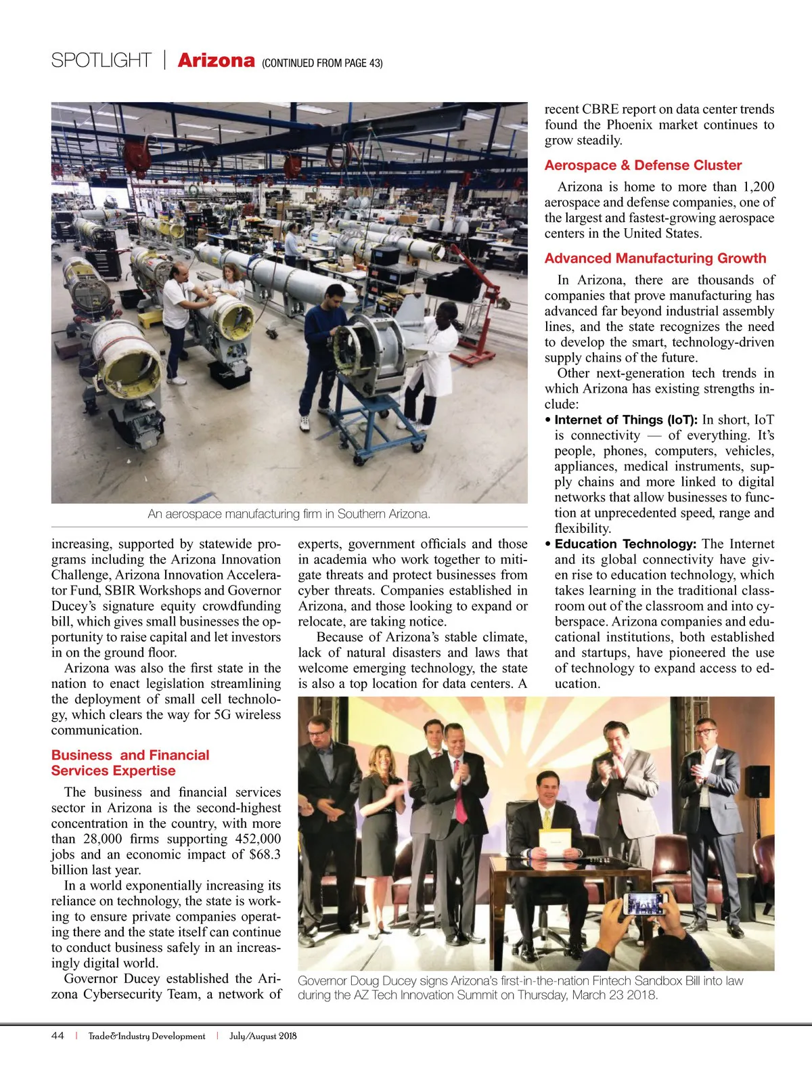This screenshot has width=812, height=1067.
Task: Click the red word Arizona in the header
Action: pos(216,61)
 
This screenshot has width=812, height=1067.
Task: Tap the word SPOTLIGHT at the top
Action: pos(101,61)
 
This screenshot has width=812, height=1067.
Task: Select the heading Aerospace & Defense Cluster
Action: pos(643,165)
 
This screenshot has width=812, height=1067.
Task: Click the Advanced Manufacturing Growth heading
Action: pos(655,258)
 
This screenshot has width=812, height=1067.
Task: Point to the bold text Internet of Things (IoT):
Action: pos(626,420)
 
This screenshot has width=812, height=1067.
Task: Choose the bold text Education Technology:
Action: pos(625,544)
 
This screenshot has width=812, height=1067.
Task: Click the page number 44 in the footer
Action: pos(58,1036)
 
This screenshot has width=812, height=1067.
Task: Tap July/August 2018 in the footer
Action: pos(263,1036)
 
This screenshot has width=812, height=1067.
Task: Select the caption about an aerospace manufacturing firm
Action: pos(289,514)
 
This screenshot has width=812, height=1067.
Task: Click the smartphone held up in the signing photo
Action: pos(644,904)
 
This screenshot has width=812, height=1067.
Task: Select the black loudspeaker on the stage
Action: pos(757,781)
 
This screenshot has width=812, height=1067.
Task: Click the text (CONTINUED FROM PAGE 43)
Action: pos(322,63)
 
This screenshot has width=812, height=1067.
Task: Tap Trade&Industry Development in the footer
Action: pos(147,1036)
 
